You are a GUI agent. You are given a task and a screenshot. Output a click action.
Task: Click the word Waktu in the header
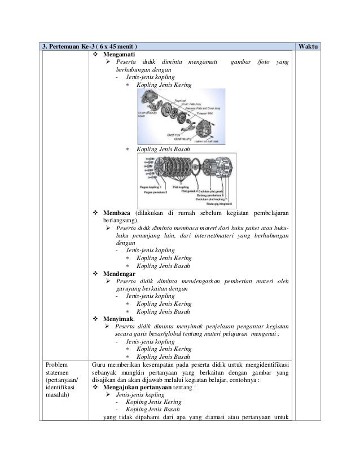click(x=309, y=46)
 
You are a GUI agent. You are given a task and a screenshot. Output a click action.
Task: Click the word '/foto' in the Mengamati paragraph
click(x=262, y=61)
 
